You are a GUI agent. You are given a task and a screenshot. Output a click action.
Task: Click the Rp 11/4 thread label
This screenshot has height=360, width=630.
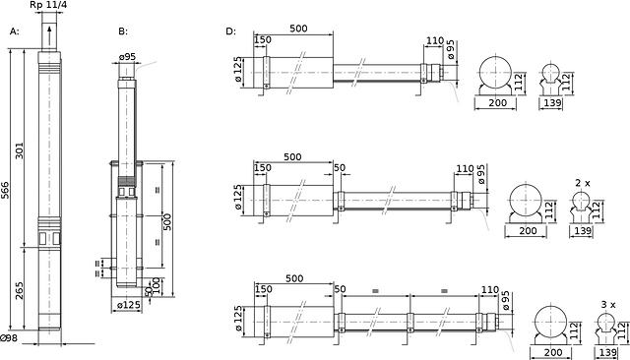48,6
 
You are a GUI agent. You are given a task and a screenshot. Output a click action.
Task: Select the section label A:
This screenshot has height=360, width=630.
14,31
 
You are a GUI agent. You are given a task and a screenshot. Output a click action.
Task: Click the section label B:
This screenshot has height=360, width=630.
123,31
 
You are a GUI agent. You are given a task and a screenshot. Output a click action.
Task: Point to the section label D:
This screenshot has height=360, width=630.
230,31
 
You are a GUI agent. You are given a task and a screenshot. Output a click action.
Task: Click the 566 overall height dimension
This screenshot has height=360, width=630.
5,190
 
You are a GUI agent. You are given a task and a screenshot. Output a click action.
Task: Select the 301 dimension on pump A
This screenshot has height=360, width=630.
20,150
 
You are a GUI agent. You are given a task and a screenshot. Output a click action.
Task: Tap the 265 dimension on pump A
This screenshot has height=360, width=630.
20,290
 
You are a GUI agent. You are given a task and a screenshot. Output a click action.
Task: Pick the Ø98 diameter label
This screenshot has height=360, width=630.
9,338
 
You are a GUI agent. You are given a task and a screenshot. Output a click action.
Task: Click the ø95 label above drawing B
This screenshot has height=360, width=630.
127,57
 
